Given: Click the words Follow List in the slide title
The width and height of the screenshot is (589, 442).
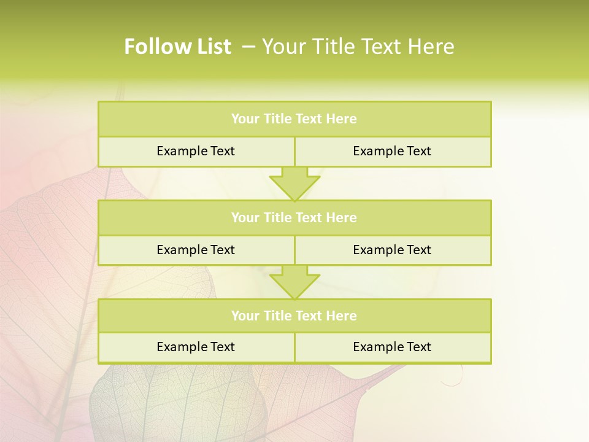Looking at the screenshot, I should (177, 47).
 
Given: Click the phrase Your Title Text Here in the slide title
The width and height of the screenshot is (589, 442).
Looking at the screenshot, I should (358, 47).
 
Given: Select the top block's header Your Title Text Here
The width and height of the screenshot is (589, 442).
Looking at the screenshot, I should (294, 119).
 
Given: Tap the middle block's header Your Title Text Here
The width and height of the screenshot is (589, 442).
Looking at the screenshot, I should (294, 218).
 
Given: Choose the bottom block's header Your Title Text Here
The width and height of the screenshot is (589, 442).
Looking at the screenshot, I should (294, 316).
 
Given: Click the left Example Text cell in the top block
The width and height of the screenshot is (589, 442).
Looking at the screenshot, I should (196, 151).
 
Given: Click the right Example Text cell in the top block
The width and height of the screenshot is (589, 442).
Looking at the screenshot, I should (392, 151).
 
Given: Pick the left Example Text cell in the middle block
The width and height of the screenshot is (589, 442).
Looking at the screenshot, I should (196, 250).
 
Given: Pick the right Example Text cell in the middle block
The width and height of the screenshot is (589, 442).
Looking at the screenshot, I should (392, 250).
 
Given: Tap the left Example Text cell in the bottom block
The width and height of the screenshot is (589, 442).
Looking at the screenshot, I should (196, 347).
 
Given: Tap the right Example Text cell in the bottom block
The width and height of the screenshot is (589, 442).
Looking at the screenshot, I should (392, 347).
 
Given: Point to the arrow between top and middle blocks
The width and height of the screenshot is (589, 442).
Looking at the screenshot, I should (294, 184).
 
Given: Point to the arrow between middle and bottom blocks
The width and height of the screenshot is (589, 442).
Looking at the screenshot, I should (294, 282).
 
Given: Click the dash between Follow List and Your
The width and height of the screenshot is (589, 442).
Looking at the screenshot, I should (249, 47).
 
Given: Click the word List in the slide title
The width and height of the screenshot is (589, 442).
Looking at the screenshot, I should (212, 47).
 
